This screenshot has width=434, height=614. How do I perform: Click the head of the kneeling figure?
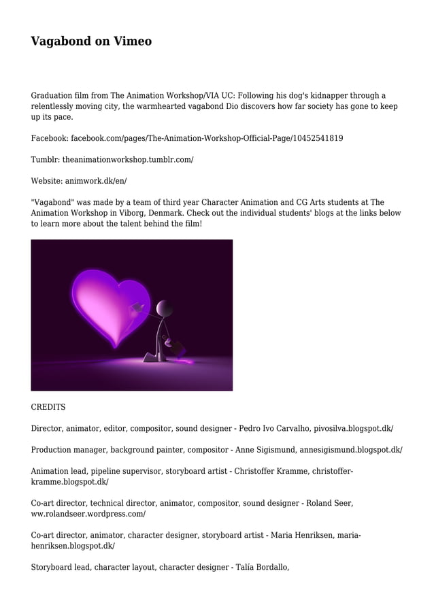165,309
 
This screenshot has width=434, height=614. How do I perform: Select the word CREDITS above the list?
48,407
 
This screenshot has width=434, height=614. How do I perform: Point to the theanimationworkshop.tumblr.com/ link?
128,159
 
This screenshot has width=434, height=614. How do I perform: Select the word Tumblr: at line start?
45,159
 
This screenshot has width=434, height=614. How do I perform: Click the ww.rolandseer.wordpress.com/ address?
88,514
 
